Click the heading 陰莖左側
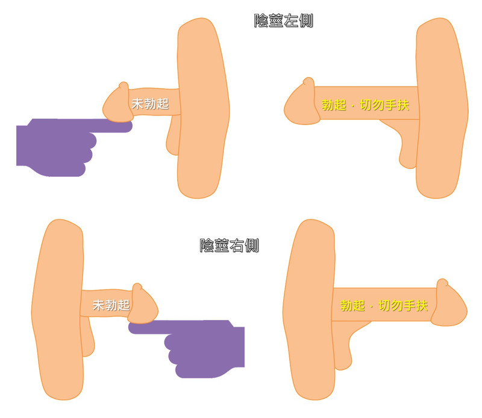pyautogui.click(x=283, y=21)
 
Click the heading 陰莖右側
pyautogui.click(x=230, y=245)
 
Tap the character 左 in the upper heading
pyautogui.click(x=291, y=21)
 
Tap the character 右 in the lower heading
pyautogui.click(x=237, y=245)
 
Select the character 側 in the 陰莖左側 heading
pyautogui.click(x=306, y=21)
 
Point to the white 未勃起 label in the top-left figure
pyautogui.click(x=150, y=103)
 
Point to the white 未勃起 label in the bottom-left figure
pyautogui.click(x=111, y=305)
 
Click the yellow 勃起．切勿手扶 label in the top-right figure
pyautogui.click(x=365, y=105)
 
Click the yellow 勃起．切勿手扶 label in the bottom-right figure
pyautogui.click(x=384, y=306)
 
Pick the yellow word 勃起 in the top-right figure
pyautogui.click(x=334, y=105)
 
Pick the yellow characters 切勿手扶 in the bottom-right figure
pyautogui.click(x=403, y=306)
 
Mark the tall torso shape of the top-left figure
pyautogui.click(x=203, y=108)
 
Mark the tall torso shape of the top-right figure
pyautogui.click(x=442, y=108)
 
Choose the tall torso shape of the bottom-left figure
pyautogui.click(x=58, y=309)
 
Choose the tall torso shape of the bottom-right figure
pyautogui.click(x=309, y=309)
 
